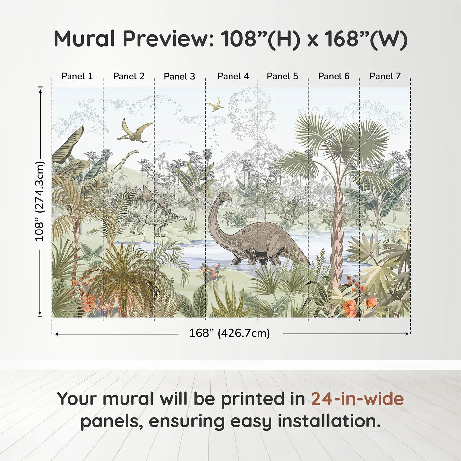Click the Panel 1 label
pyautogui.click(x=77, y=76)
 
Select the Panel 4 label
pyautogui.click(x=233, y=76)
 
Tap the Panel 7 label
pyautogui.click(x=385, y=76)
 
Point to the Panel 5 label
pyautogui.click(x=282, y=76)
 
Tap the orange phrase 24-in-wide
pyautogui.click(x=357, y=398)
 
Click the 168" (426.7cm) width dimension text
pyautogui.click(x=230, y=333)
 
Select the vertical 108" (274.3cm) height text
pyautogui.click(x=40, y=201)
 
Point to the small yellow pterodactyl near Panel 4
pyautogui.click(x=215, y=104)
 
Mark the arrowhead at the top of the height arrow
pyautogui.click(x=40, y=91)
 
